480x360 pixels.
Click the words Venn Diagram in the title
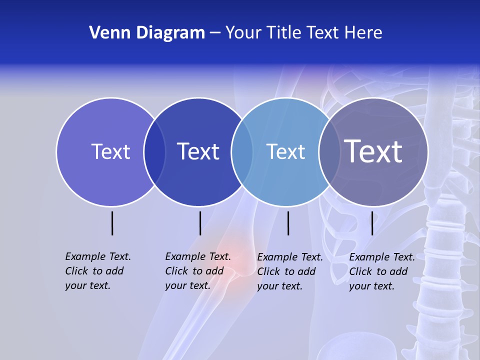(x=147, y=33)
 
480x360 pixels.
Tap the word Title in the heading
(x=284, y=33)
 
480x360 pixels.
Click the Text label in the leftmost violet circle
(x=110, y=151)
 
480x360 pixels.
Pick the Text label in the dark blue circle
(x=198, y=151)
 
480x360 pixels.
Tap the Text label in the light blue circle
(x=285, y=151)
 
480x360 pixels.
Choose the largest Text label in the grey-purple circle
(x=373, y=151)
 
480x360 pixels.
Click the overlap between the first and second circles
(x=154, y=152)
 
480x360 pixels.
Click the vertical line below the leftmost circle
(x=112, y=223)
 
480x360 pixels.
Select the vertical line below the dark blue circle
(x=200, y=223)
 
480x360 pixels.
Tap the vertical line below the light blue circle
(x=288, y=223)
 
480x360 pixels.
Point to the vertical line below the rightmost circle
(x=372, y=223)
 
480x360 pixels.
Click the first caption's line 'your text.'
(x=87, y=286)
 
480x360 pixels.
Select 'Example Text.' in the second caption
(x=198, y=256)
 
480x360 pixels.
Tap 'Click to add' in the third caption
(x=286, y=271)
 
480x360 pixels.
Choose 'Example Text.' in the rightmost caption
(x=382, y=257)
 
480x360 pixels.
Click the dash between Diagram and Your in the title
(x=215, y=33)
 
